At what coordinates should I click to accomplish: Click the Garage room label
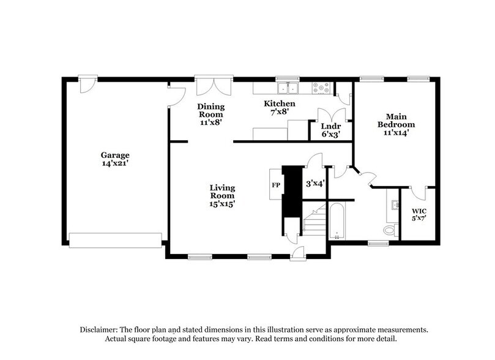tap(116, 155)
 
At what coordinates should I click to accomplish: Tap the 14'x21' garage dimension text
tap(116, 163)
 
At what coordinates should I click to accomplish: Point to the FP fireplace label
tap(275, 184)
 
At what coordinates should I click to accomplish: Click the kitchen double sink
tap(286, 88)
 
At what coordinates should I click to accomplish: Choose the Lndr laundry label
tap(331, 125)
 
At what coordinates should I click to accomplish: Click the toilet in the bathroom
tap(389, 231)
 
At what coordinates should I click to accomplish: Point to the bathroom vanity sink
tap(393, 205)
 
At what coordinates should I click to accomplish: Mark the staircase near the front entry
tap(315, 224)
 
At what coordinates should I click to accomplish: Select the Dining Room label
tap(209, 110)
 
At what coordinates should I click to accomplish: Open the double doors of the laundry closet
tap(331, 114)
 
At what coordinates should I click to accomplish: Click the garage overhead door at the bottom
tap(117, 240)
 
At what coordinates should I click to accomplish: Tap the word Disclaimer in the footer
tap(99, 329)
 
